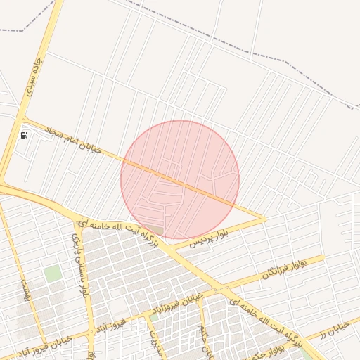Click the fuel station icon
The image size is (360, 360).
pyautogui.click(x=24, y=135)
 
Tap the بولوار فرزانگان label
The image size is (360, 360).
pyautogui.click(x=278, y=269)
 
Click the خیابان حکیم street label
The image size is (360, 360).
pyautogui.click(x=201, y=330)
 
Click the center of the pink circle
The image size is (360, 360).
pyautogui.click(x=180, y=179)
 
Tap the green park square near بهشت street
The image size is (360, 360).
pyautogui.click(x=52, y=274)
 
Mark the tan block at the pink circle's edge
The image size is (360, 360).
pyautogui.click(x=157, y=230)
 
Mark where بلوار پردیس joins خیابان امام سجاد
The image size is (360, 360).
pyautogui.click(x=264, y=219)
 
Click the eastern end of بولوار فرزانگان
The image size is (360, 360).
pyautogui.click(x=324, y=259)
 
